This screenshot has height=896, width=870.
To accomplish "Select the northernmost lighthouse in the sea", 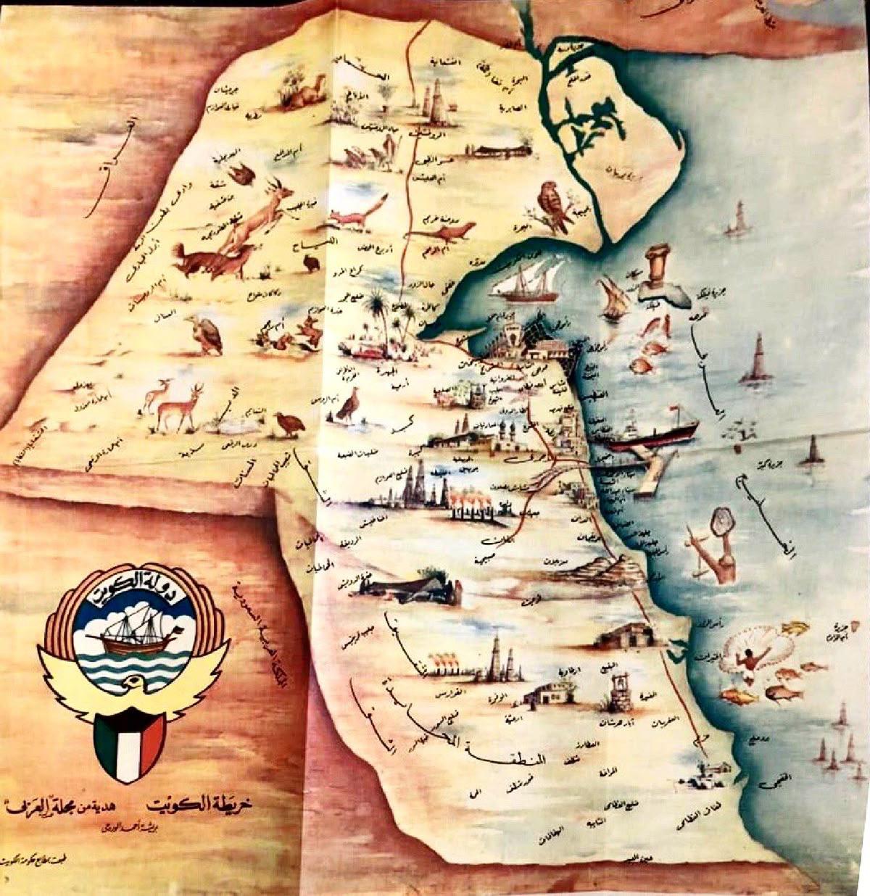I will coord(739,218).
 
